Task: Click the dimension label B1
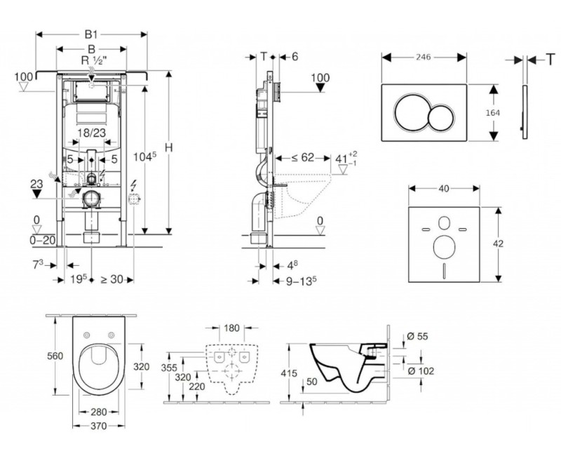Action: click(x=92, y=33)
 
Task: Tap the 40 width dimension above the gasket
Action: click(x=444, y=189)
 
